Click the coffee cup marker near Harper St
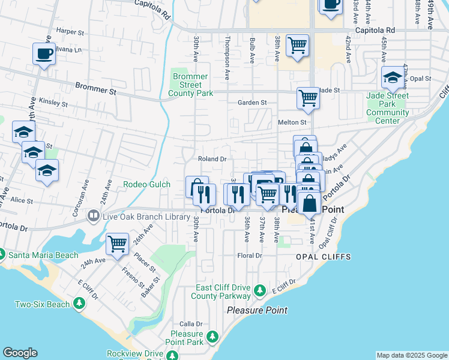coord(44,54)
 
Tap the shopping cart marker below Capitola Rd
coord(297,46)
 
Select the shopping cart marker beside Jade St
coord(308,98)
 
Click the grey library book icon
coord(93,215)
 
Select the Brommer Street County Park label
coord(190,85)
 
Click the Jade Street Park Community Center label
coord(387,108)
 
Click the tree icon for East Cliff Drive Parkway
coord(259,291)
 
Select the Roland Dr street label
coord(212,159)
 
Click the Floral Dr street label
coord(250,256)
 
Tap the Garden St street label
coord(252,103)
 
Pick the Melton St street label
coord(292,122)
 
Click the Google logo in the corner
coord(20,353)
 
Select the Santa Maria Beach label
coord(43,255)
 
